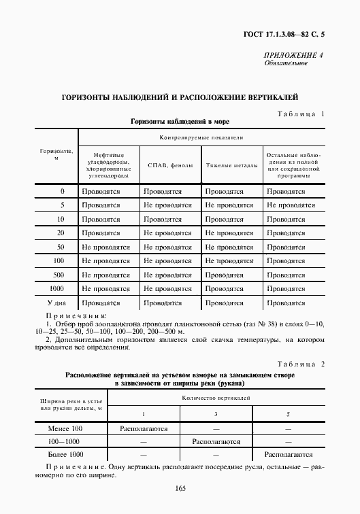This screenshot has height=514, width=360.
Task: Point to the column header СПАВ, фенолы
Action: tap(169, 165)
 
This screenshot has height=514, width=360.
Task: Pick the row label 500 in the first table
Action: tap(58, 275)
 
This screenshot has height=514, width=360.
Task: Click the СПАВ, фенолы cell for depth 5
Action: tap(167, 205)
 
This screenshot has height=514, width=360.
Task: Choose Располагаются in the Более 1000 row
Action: tap(288, 454)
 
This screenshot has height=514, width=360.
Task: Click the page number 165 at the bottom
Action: tap(180, 488)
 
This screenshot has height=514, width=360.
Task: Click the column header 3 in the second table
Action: tap(216, 414)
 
